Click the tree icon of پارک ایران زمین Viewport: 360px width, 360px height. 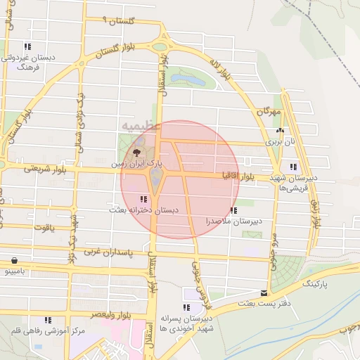(136, 151)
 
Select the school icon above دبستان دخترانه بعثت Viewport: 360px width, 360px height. (144, 200)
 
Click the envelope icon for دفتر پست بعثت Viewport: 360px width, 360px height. (264, 292)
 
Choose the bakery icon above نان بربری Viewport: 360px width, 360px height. (280, 131)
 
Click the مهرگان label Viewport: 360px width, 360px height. (269, 112)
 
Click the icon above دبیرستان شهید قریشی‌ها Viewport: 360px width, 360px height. (293, 167)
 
